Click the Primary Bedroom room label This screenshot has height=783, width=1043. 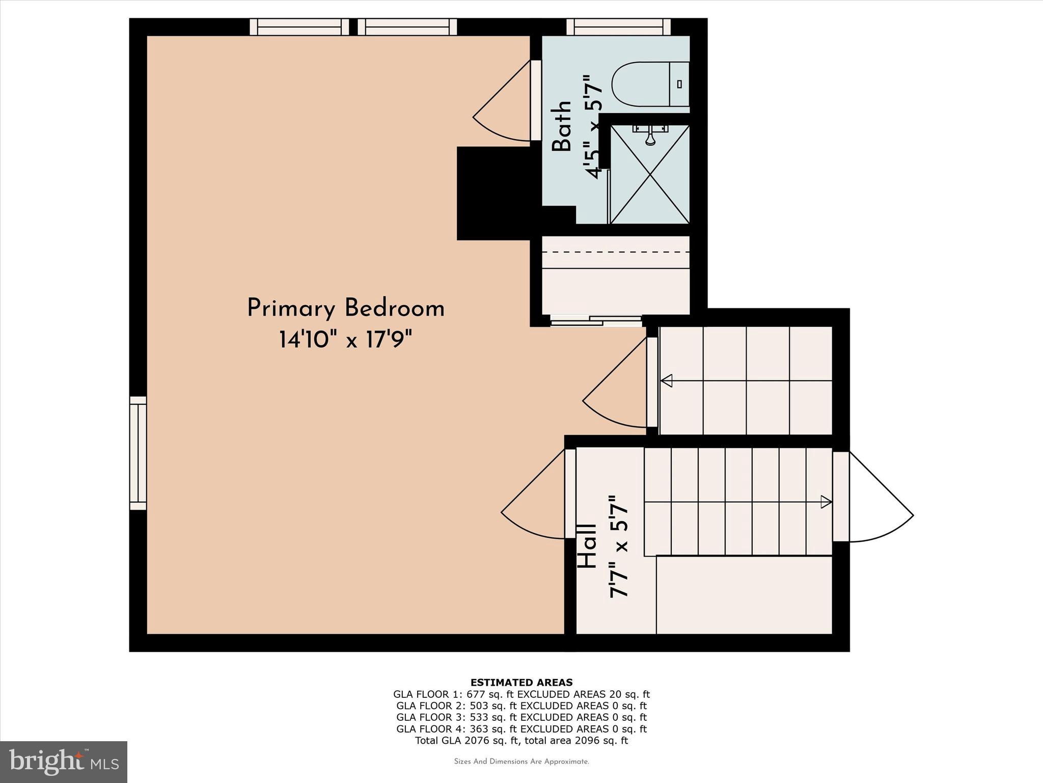(x=346, y=309)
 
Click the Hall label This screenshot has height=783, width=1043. (x=587, y=546)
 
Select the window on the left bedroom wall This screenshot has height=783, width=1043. (x=138, y=453)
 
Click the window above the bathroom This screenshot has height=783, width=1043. (x=618, y=27)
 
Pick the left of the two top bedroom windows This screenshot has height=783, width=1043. (x=299, y=27)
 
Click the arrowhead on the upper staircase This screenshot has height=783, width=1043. (x=667, y=381)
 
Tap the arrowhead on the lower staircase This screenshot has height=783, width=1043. (x=826, y=502)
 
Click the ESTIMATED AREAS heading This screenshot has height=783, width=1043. (x=521, y=682)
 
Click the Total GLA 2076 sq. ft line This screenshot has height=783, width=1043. (x=521, y=741)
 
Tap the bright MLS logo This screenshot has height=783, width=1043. (x=64, y=761)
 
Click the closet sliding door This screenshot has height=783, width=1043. (x=596, y=321)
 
